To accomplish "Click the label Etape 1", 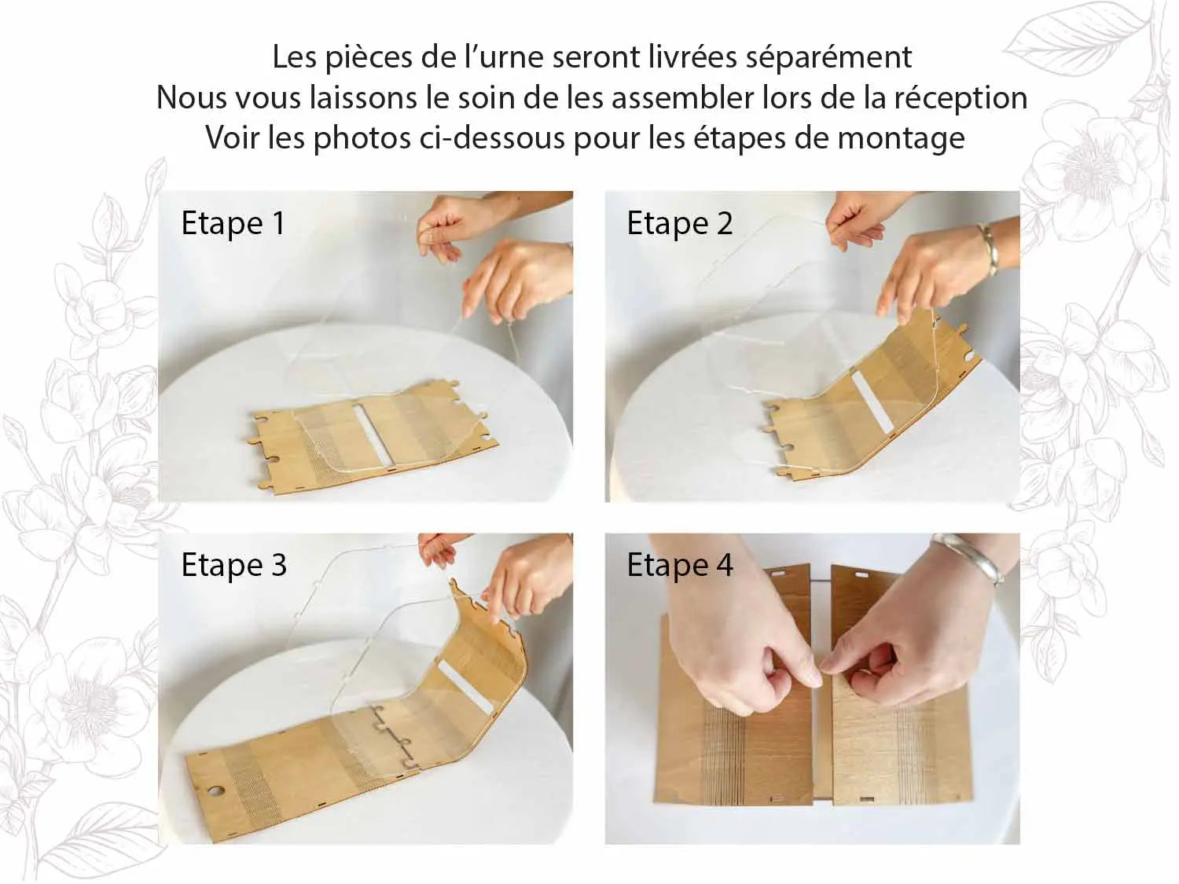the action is click(233, 223).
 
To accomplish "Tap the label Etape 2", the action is click(679, 223).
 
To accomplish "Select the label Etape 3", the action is click(233, 565).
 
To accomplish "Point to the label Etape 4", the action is click(679, 565).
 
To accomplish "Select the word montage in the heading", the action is click(901, 138).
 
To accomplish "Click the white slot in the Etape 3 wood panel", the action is click(466, 688).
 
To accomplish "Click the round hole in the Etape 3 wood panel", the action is click(216, 792).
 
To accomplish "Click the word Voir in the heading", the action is click(232, 138).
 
